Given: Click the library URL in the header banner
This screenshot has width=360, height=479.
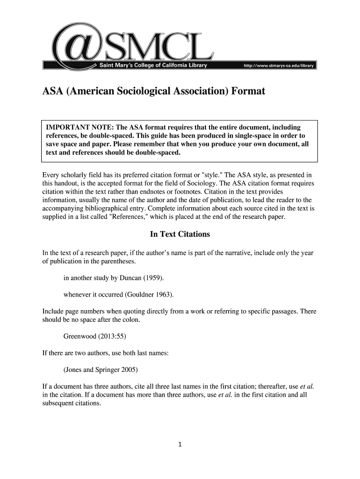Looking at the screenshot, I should coord(279,66).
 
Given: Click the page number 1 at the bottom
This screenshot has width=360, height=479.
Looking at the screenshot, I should coord(180,444).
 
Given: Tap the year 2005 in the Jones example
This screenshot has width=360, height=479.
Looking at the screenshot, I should coord(130,370).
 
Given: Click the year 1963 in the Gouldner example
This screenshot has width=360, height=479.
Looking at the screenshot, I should coord(164,295).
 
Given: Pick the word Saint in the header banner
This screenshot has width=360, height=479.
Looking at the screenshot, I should coord(106,66).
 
